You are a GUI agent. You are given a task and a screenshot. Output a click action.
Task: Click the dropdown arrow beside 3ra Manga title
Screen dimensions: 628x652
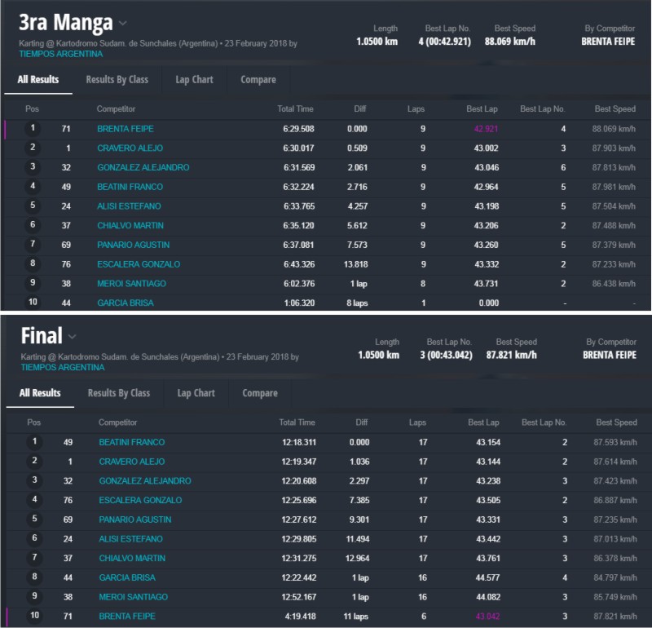pos(123,23)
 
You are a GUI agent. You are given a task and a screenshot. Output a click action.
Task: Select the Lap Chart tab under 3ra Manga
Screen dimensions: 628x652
pos(194,80)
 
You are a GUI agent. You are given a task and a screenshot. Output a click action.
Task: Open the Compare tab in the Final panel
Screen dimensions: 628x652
pos(260,393)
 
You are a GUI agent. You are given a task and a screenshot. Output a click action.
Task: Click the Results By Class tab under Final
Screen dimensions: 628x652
pos(119,393)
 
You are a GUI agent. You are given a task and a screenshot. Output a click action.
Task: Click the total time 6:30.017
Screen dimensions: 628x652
pos(296,148)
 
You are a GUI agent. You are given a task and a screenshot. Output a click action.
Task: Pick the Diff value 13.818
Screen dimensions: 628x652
pos(355,264)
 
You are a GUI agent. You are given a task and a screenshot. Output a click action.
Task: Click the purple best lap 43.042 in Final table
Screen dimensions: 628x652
pos(487,617)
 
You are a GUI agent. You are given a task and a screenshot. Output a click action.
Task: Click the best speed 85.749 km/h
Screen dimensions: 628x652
pos(615,597)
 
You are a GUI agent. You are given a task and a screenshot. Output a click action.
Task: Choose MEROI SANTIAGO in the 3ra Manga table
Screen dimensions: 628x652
pos(131,284)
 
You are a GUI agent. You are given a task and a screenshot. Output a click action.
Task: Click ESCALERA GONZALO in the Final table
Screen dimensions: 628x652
pos(140,500)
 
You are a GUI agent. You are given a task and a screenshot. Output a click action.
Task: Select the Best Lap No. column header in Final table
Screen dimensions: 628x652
pos(544,422)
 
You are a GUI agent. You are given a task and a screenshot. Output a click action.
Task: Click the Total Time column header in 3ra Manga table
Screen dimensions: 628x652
pos(295,109)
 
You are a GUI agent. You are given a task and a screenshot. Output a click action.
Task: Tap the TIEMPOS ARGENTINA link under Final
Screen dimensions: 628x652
pos(62,368)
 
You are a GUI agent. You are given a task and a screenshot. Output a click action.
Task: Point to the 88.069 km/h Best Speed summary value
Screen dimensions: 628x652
pos(509,41)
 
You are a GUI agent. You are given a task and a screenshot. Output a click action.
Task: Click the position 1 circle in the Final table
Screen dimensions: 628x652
pos(34,442)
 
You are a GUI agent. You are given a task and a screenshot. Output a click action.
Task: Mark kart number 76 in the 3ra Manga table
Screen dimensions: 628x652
pos(66,264)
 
